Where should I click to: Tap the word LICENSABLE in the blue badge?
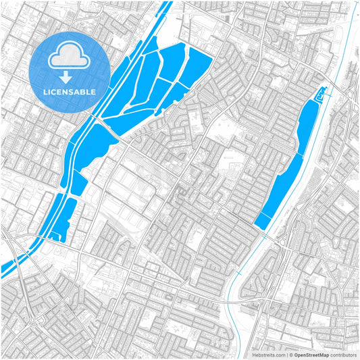pyautogui.click(x=70, y=91)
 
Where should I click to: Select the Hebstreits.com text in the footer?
pyautogui.click(x=269, y=355)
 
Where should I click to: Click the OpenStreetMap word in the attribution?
pyautogui.click(x=311, y=355)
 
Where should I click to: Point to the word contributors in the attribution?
pyautogui.click(x=344, y=355)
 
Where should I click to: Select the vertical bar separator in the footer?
pyautogui.click(x=286, y=355)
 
